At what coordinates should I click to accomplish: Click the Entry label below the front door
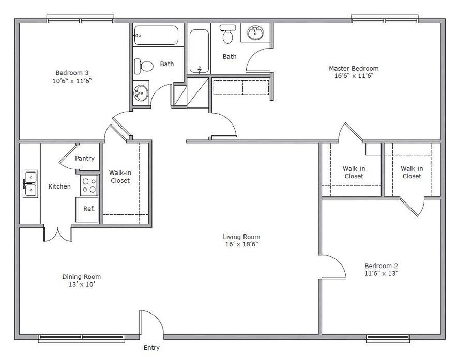151,348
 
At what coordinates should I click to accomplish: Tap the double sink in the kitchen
30,184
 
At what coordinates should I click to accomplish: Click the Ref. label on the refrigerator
88,209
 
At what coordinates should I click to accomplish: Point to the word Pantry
85,159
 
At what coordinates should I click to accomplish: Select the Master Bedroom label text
354,68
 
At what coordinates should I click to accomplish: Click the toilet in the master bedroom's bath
227,35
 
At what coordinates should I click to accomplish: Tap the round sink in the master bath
255,33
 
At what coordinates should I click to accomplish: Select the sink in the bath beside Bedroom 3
140,93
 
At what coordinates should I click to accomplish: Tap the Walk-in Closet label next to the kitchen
120,177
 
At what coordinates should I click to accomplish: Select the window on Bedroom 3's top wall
81,20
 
